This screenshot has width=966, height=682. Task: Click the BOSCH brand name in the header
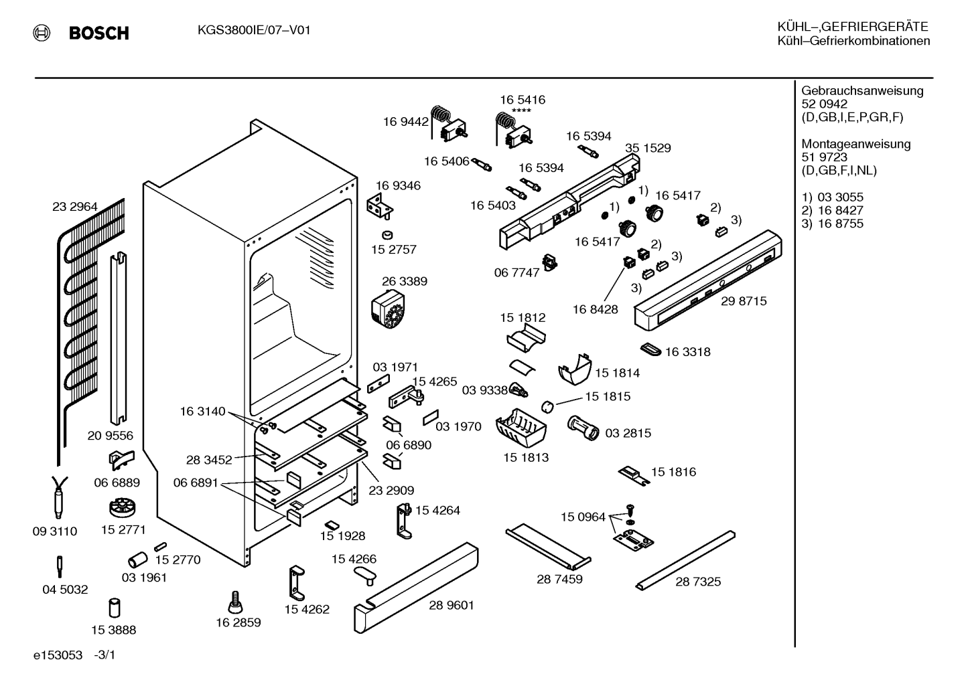98,33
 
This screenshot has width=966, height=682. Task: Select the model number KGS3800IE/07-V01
254,30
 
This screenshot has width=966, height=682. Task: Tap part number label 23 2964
75,207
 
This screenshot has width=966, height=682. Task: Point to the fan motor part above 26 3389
388,309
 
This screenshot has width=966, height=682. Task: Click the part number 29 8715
744,301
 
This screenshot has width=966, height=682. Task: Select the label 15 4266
354,559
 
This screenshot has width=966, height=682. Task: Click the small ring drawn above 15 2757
388,235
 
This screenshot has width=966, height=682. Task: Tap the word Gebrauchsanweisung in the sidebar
863,91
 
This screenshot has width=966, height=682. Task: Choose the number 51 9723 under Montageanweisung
824,157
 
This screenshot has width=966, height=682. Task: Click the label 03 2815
628,433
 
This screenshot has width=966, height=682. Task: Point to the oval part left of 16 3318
650,349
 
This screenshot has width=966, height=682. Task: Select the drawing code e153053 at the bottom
58,655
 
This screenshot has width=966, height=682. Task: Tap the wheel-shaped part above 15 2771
122,507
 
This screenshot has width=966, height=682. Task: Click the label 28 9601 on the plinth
452,605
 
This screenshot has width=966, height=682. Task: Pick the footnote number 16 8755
841,224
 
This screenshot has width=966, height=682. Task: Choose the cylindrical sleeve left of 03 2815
583,428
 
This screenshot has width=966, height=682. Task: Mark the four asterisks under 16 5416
521,111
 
